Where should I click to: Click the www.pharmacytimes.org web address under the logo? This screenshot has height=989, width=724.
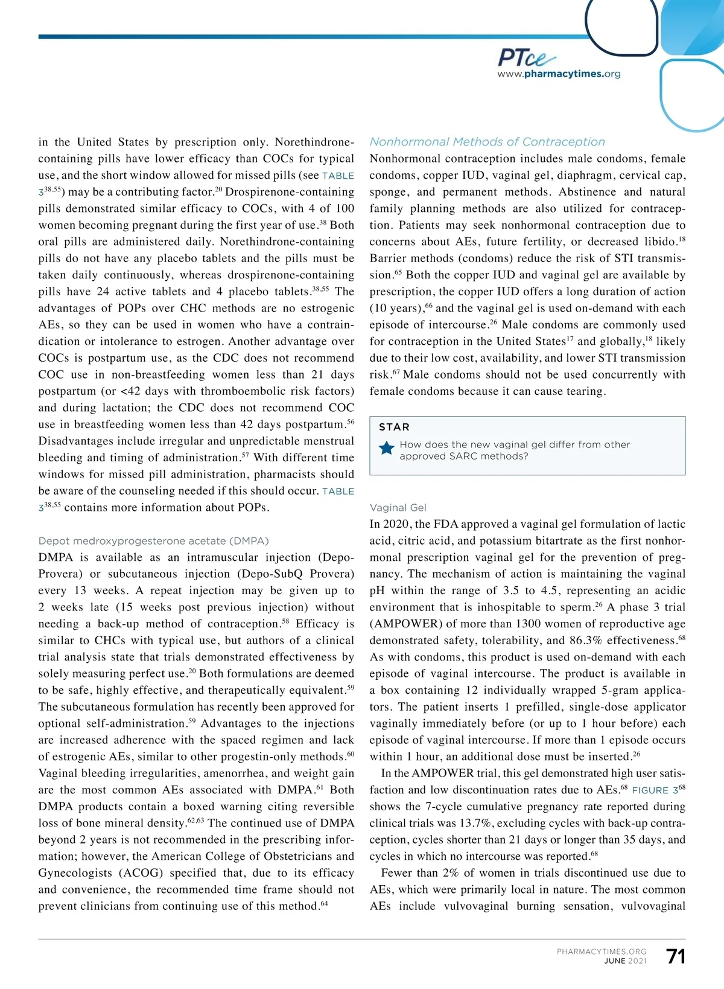pyautogui.click(x=559, y=74)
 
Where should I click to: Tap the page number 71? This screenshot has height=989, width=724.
pyautogui.click(x=676, y=956)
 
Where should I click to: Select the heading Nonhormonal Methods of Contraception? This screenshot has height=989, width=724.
pyautogui.click(x=487, y=142)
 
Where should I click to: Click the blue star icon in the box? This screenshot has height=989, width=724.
pyautogui.click(x=386, y=449)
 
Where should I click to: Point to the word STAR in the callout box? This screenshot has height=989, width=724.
pyautogui.click(x=394, y=427)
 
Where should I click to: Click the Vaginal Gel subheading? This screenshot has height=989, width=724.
pyautogui.click(x=398, y=508)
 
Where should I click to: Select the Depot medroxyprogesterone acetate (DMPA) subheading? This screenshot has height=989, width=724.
pyautogui.click(x=153, y=541)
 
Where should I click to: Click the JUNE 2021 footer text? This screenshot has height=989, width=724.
pyautogui.click(x=625, y=961)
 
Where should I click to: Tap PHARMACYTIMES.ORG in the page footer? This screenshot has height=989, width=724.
pyautogui.click(x=601, y=952)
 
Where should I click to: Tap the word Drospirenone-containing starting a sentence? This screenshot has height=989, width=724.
pyautogui.click(x=290, y=192)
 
